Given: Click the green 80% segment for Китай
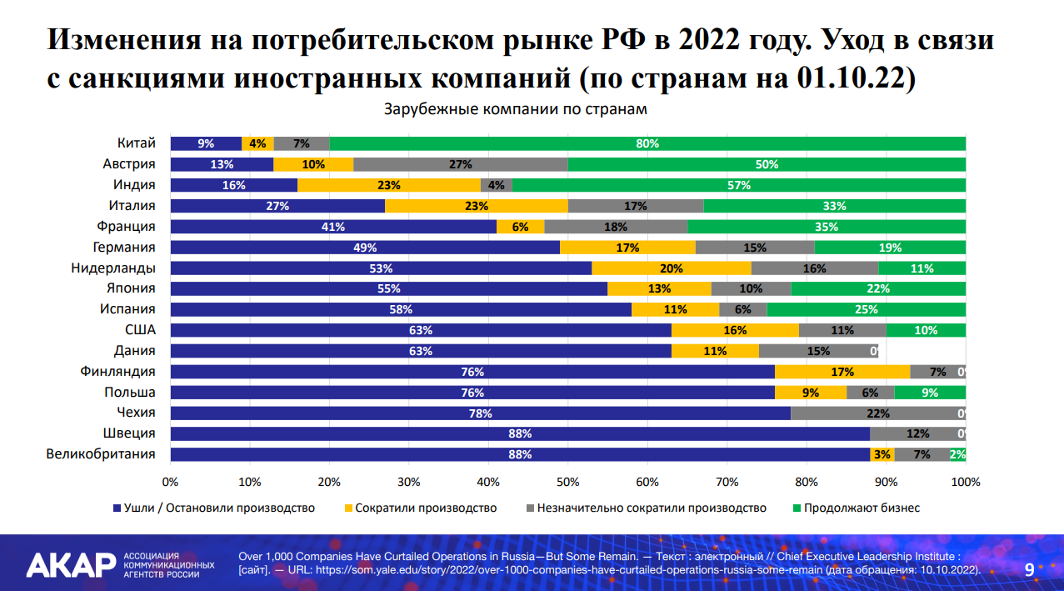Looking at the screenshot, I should [647, 143].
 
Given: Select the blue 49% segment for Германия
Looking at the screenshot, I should [365, 248].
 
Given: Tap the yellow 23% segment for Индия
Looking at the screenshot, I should [389, 185].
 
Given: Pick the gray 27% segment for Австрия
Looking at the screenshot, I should [461, 164].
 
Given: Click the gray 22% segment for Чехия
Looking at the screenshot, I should [877, 413].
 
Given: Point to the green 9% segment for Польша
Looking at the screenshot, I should [930, 393].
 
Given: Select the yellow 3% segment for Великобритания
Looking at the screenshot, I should [882, 455].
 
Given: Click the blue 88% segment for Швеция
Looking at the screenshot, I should [520, 434].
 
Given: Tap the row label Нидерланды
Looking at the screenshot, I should [113, 268].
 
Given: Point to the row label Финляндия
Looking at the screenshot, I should [118, 372].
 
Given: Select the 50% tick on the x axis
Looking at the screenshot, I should [567, 482].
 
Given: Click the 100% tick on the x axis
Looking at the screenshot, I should [965, 482].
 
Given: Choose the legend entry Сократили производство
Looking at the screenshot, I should [426, 508].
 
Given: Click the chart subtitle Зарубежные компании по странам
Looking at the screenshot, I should [515, 109].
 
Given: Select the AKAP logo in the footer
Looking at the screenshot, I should [71, 564].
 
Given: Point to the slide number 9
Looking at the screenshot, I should [1029, 569].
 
